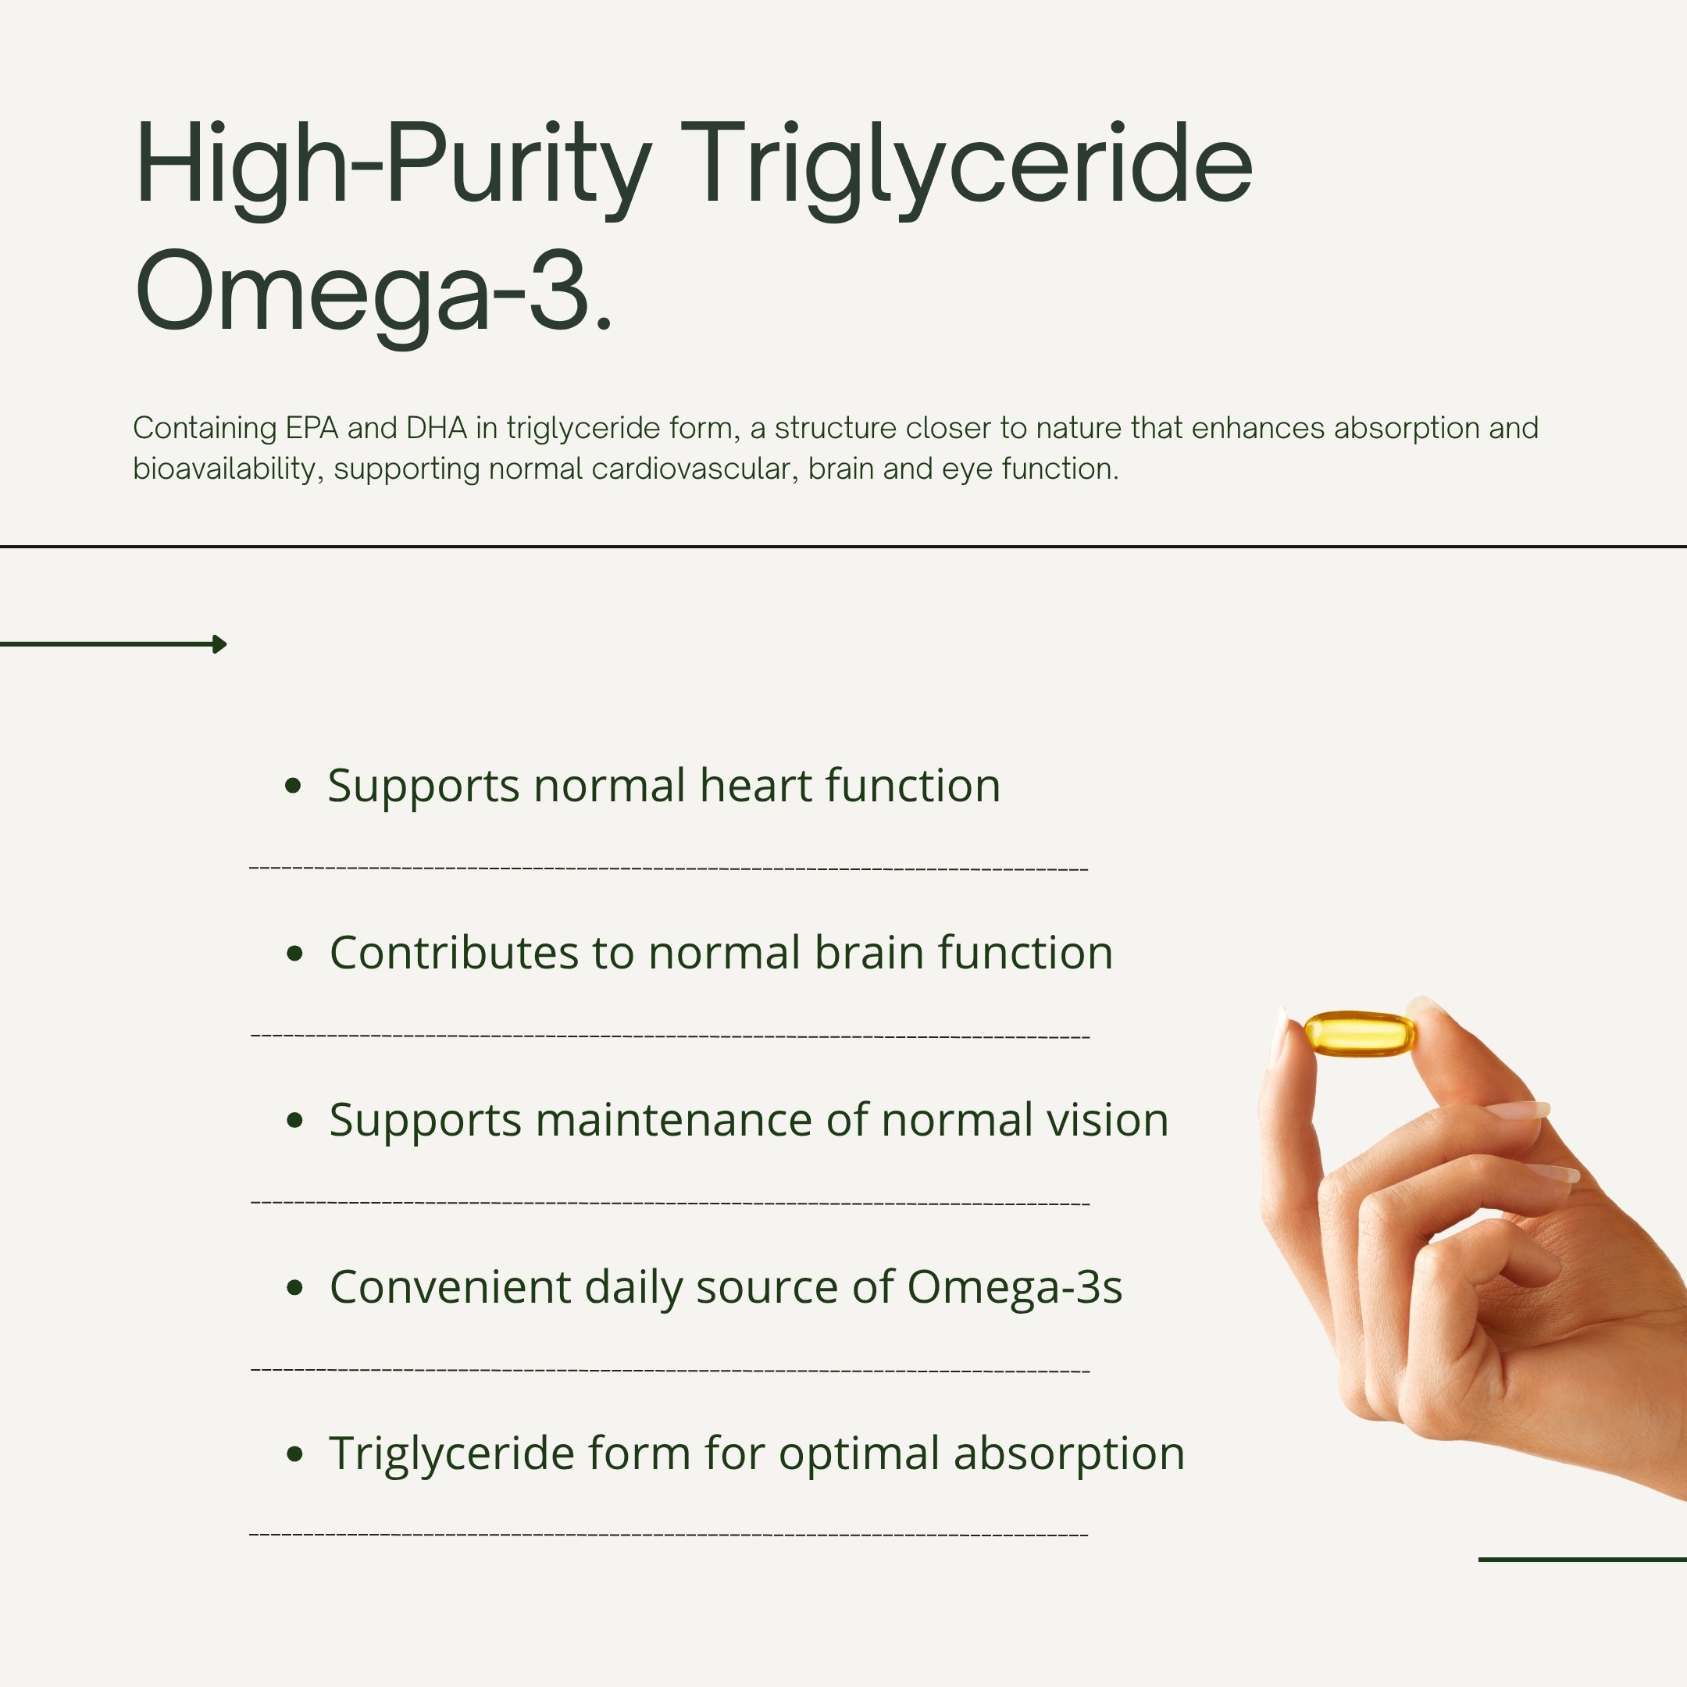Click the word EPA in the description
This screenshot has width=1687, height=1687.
coord(312,428)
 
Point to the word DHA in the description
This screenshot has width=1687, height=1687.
coord(437,428)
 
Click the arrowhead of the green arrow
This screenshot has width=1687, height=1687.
coord(220,644)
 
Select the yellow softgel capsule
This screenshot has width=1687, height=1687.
coord(1359,1034)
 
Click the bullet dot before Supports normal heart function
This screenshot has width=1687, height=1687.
coord(294,786)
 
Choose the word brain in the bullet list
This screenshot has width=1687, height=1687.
coord(868,953)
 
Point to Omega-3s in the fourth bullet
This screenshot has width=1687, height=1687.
coord(1014,1288)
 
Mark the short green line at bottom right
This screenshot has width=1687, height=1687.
coord(1582,1560)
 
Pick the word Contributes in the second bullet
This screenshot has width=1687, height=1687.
coord(454,953)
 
